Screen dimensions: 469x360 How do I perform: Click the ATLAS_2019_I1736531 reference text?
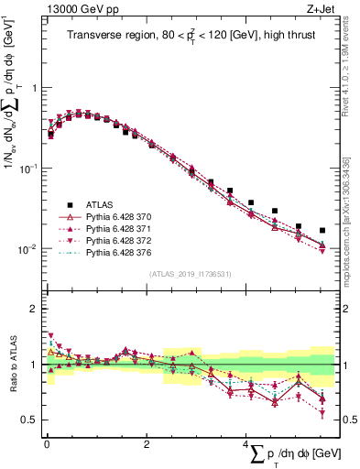(x=190, y=274)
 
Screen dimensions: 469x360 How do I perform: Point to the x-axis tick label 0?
(x=47, y=442)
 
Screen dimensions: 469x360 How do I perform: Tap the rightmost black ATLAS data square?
(x=322, y=231)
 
